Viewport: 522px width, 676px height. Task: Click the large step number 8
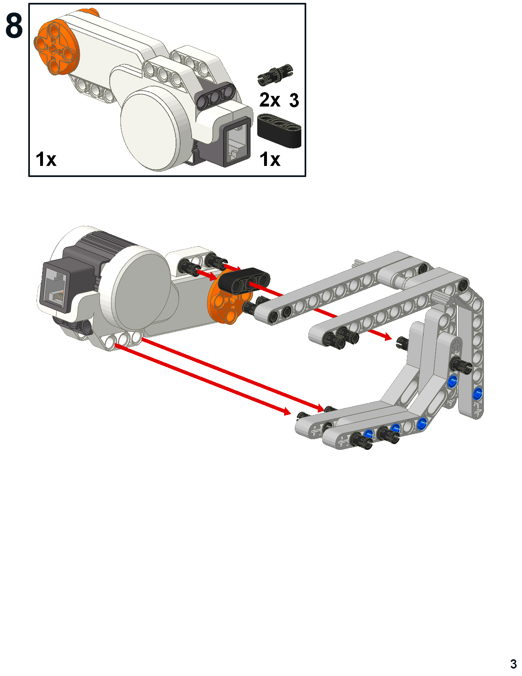14,26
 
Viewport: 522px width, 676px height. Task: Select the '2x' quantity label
270,100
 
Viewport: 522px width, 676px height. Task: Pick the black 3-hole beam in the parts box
280,130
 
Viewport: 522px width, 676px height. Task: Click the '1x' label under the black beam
270,159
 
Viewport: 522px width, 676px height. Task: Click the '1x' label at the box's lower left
46,159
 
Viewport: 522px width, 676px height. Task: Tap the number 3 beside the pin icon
294,100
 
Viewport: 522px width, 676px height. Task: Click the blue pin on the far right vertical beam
477,394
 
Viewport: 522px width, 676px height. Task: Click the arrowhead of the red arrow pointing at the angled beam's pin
387,337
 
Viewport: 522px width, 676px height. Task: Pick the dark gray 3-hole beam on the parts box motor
215,96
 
